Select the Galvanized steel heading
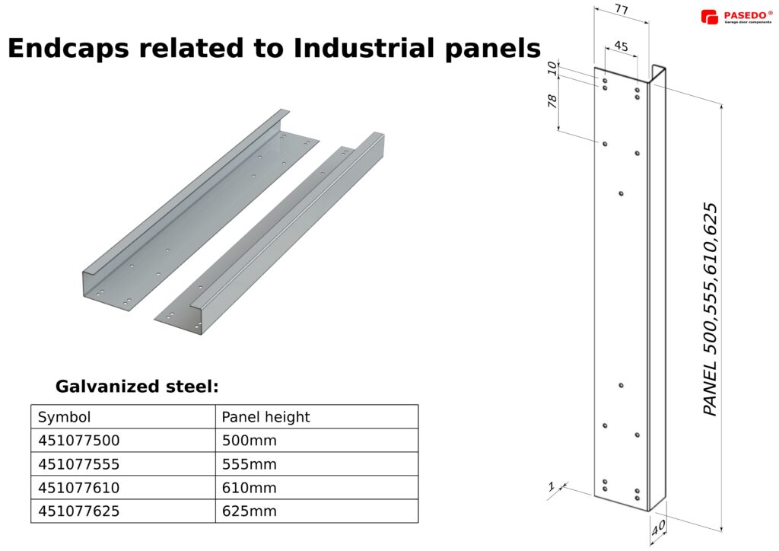coord(137,387)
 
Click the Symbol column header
coord(64,417)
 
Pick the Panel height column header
coord(265,417)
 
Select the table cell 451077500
coord(78,441)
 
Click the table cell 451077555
coord(78,464)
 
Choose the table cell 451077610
coord(78,488)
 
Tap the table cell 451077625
coord(78,511)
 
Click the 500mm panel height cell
coord(249,441)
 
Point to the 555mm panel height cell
coord(249,464)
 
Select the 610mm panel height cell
coord(249,488)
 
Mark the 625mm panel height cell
coord(249,511)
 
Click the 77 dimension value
coord(622,10)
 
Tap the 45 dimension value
coord(621,46)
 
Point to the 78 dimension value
coord(553,100)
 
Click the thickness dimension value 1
coord(551,486)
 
